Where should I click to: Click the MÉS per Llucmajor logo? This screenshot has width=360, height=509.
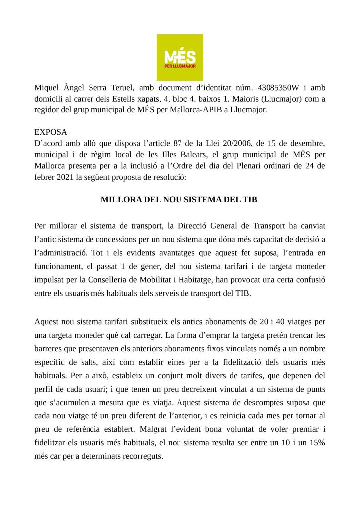point(180,57)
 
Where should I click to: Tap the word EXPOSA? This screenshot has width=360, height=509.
point(50,133)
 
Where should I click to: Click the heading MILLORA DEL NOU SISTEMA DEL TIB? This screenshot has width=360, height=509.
point(180,200)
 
